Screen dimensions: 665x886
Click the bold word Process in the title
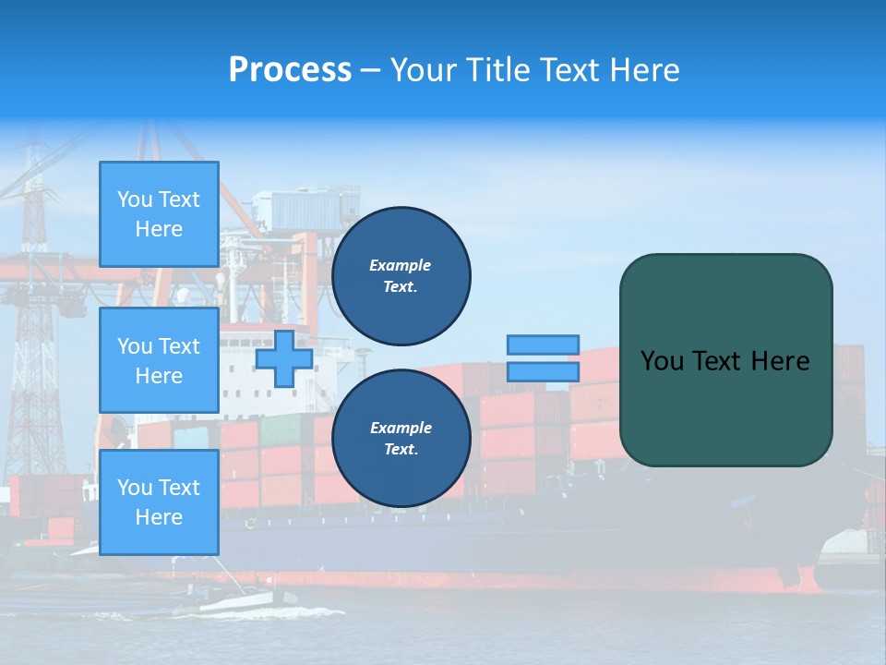[x=290, y=69]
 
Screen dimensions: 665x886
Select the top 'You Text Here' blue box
[x=159, y=214]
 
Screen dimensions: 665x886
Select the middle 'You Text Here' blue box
[x=159, y=360]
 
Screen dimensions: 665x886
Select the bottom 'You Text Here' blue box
[x=159, y=502]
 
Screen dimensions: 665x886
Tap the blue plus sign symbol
[x=284, y=359]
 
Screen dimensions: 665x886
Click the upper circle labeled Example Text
[x=401, y=276]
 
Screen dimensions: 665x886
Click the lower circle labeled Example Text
[x=401, y=439]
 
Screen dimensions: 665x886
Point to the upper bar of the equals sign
[x=543, y=345]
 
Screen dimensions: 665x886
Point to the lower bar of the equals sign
[x=543, y=372]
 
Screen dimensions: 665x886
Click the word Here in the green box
[x=780, y=361]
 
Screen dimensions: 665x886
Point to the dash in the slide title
[x=370, y=70]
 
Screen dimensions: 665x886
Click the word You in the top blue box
[x=135, y=199]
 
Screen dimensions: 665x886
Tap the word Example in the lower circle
[x=401, y=428]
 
